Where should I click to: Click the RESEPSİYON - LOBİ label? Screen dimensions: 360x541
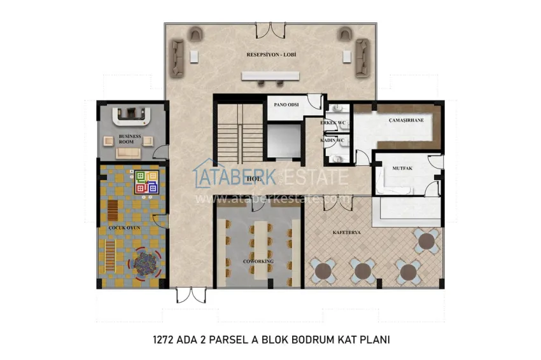click(272, 55)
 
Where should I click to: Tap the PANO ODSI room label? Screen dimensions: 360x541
click(283, 104)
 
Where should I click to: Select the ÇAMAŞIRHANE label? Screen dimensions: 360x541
click(406, 120)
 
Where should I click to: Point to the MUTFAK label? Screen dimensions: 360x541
click(393, 169)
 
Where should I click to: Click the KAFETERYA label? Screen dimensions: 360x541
click(347, 233)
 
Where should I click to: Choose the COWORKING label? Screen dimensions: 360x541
click(258, 261)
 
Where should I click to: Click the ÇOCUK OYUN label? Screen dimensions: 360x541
click(124, 228)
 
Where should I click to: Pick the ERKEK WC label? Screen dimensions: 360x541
click(334, 122)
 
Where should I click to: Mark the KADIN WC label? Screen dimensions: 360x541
click(332, 140)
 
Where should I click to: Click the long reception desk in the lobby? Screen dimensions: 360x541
click(270, 76)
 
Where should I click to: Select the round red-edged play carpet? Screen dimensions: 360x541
click(146, 262)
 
